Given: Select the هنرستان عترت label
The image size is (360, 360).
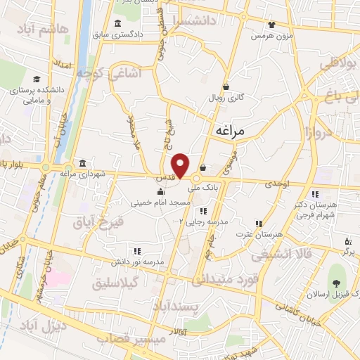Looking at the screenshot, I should click(253, 233).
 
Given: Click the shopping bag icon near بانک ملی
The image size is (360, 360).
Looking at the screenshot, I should click(202, 168).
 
